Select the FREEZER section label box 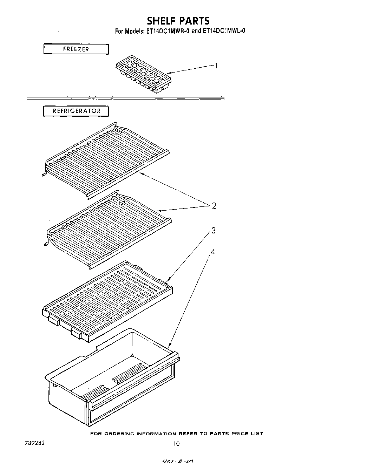point(76,49)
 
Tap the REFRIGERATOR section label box point(76,111)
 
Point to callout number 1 point(217,66)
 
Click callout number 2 point(214,206)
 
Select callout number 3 point(213,231)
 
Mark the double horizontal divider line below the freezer point(125,97)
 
